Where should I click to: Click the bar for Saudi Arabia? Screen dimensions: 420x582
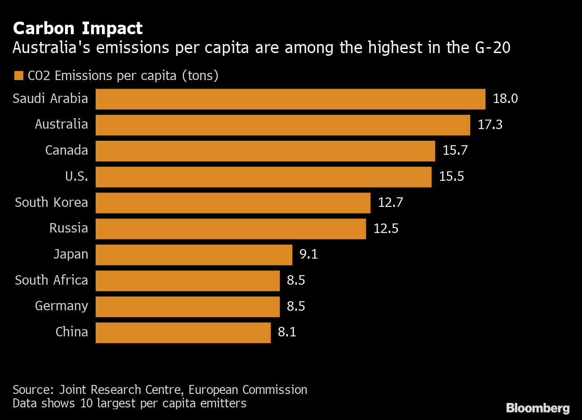290,99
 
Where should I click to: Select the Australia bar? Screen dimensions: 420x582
282,125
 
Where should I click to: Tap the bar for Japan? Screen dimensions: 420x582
194,255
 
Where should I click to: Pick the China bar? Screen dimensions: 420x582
183,332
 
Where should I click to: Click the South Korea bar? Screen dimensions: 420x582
233,203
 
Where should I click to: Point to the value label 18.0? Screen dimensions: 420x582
505,99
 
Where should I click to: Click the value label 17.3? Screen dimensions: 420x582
490,125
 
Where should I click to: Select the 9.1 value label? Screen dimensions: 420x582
309,255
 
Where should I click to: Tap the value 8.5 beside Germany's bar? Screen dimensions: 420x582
296,306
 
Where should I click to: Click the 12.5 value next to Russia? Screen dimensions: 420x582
386,228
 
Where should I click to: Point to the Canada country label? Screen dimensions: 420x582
66,150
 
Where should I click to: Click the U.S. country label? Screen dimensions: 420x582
76,176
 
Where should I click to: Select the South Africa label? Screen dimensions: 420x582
51,280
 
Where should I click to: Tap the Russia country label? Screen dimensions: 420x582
68,228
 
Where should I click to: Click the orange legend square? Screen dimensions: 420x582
18,76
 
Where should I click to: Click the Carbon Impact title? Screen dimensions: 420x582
78,28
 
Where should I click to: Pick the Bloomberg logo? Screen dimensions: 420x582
538,408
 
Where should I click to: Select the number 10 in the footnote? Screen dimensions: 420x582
86,403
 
